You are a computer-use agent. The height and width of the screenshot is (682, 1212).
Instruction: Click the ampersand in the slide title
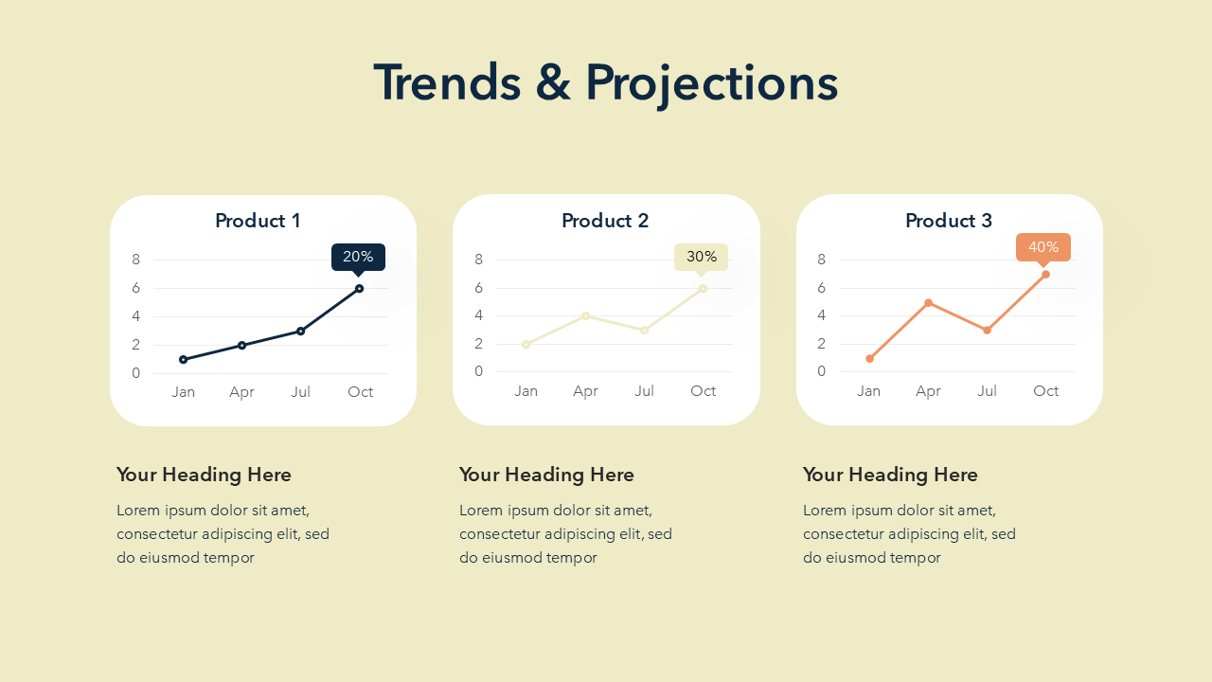[x=553, y=82]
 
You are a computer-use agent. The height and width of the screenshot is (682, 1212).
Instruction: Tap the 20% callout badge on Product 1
[x=358, y=258]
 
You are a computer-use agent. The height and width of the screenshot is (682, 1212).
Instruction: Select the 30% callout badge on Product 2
[x=702, y=258]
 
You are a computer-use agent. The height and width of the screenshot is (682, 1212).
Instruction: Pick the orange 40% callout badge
[x=1043, y=248]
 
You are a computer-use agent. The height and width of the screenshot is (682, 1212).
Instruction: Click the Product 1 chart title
[x=258, y=221]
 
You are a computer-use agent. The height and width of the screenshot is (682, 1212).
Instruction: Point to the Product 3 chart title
[x=949, y=221]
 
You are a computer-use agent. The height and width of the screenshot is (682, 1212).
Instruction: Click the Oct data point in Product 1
[x=359, y=289]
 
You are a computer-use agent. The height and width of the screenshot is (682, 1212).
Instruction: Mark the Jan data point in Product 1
[x=184, y=359]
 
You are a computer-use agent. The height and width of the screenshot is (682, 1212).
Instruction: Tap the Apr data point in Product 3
[x=929, y=302]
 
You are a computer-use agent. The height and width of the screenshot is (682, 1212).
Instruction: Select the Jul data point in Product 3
[x=987, y=331]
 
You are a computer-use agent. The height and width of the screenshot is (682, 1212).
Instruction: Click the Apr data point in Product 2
[x=585, y=316]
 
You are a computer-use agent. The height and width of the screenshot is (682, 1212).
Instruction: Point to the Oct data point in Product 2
[x=703, y=289]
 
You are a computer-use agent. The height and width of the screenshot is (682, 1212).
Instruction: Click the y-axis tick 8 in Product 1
[x=135, y=260]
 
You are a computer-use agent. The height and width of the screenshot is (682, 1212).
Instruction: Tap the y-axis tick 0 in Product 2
[x=478, y=371]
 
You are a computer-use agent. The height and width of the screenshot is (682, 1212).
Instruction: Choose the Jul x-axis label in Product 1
[x=300, y=392]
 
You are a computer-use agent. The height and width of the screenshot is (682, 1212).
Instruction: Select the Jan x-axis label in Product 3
[x=868, y=391]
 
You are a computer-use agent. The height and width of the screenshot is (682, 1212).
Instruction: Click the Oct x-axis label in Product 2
[x=703, y=391]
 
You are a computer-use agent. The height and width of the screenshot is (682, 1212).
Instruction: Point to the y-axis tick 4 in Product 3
[x=821, y=315]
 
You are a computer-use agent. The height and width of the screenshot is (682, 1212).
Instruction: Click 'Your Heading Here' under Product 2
[x=546, y=475]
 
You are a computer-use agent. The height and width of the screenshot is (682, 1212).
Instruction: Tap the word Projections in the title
[x=712, y=84]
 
